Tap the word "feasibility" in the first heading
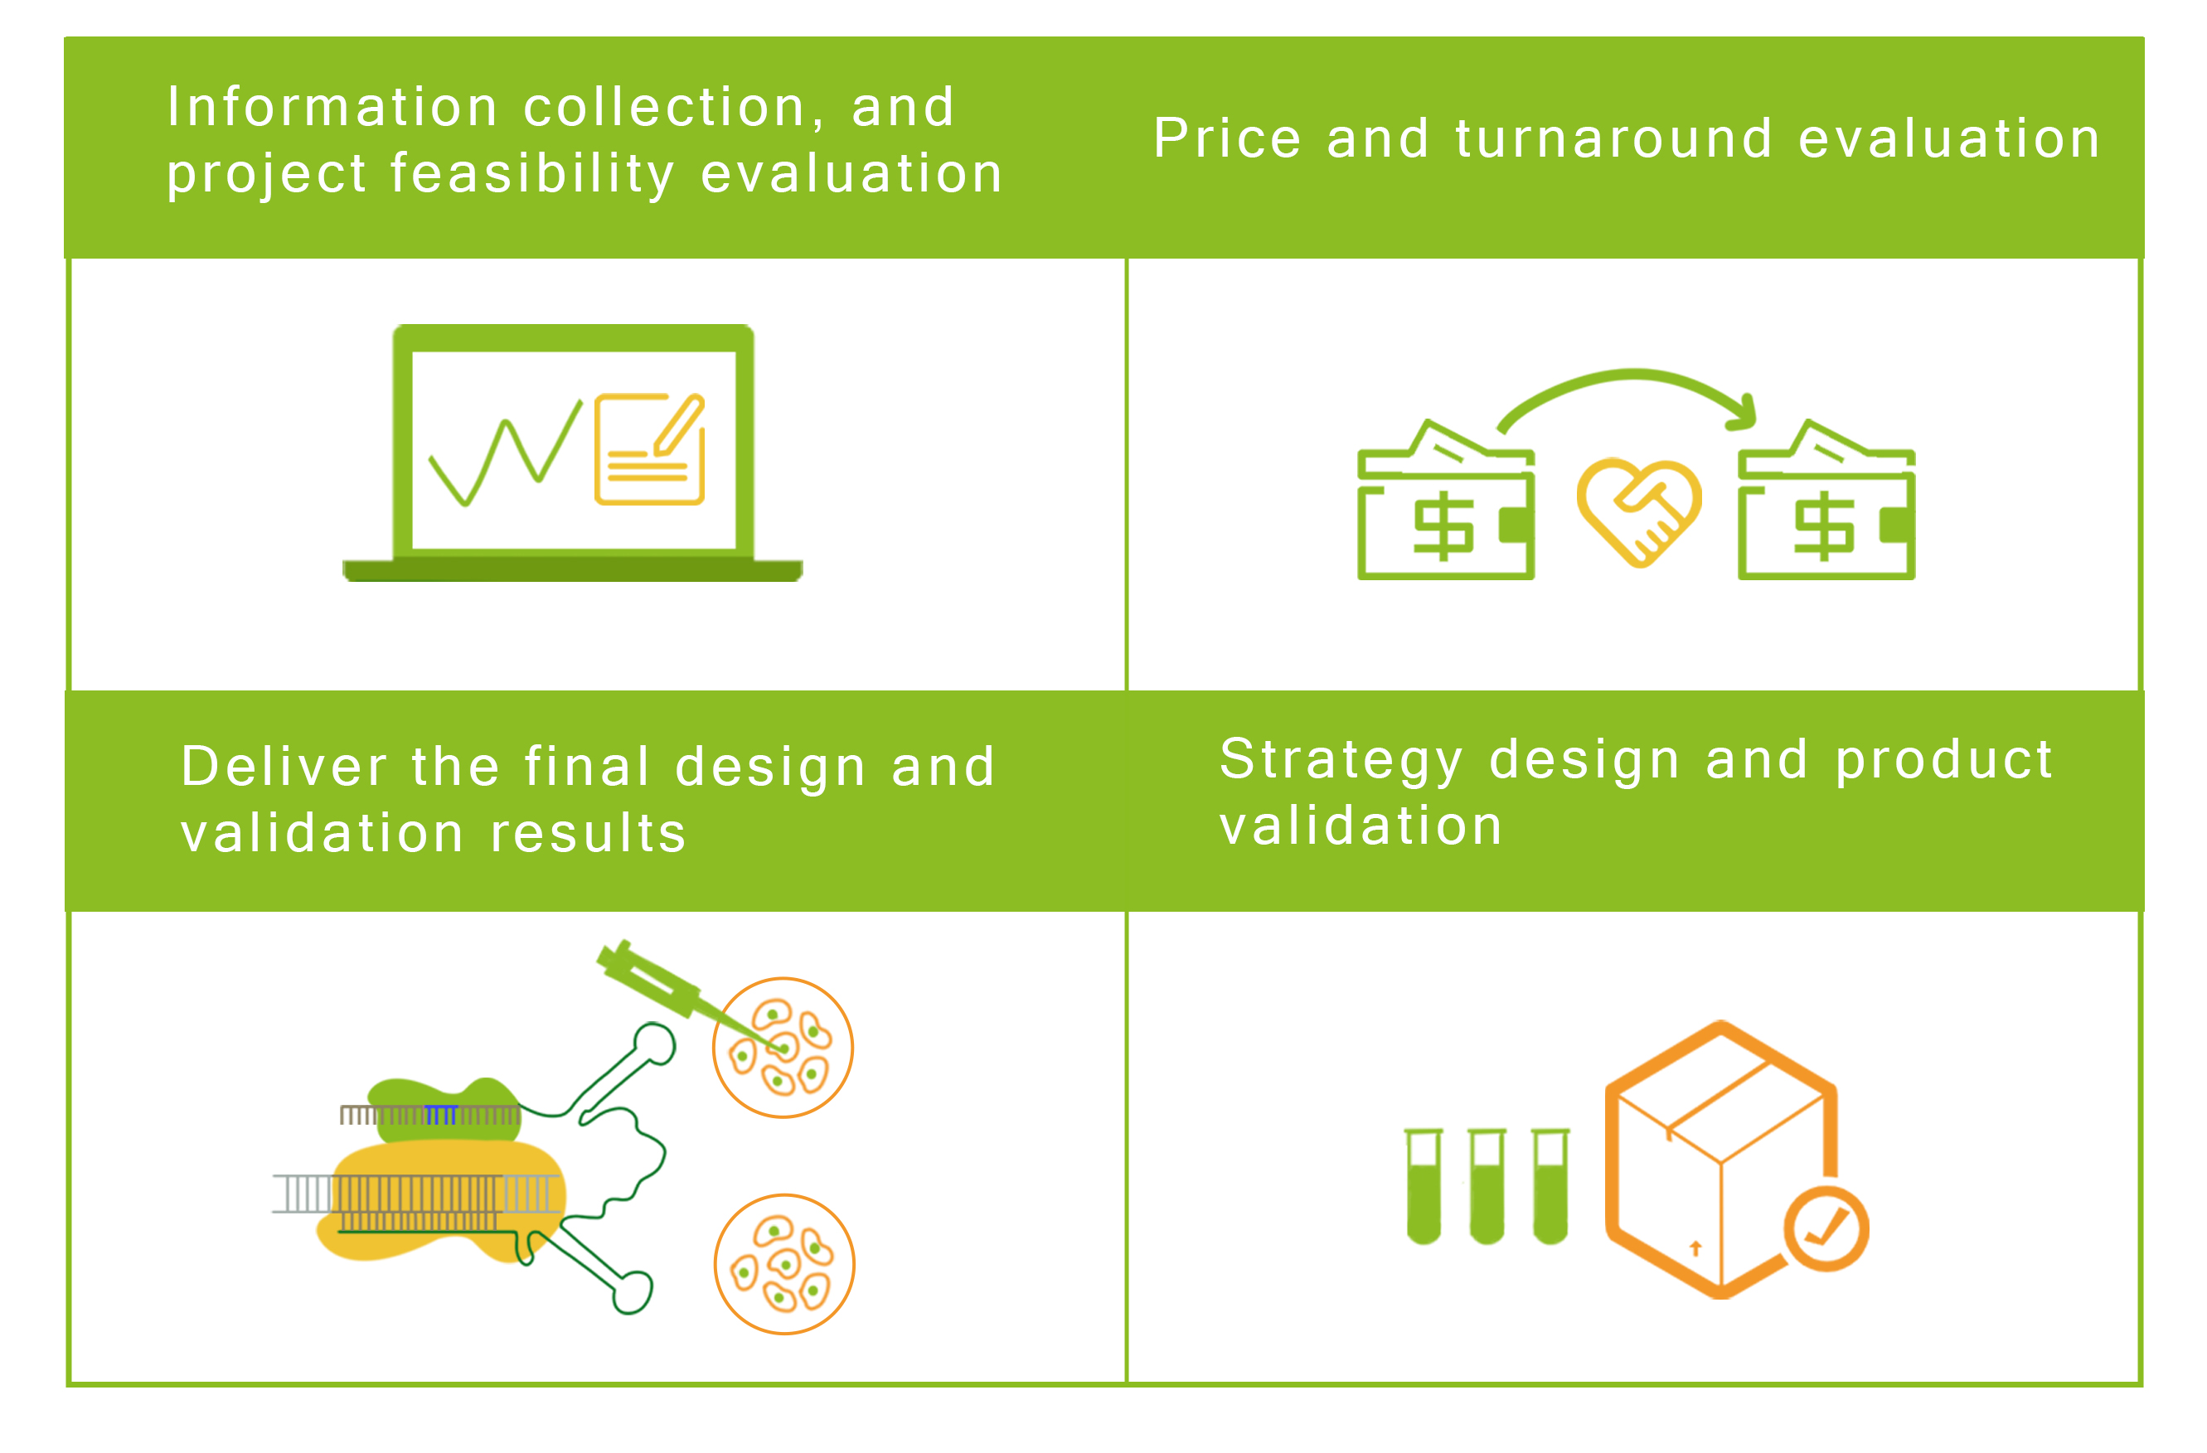click(x=532, y=174)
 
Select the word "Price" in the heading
click(x=1228, y=139)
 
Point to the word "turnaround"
click(x=1613, y=139)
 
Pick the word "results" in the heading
click(x=588, y=833)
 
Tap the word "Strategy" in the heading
click(x=1340, y=760)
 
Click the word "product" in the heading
click(x=1944, y=761)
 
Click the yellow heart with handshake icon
click(x=1638, y=512)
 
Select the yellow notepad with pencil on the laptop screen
click(x=650, y=448)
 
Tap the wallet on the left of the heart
click(x=1446, y=500)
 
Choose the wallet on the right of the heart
click(x=1826, y=500)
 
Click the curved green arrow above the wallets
click(x=1632, y=375)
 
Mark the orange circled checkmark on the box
click(x=1825, y=1228)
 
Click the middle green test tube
click(x=1487, y=1186)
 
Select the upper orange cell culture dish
click(x=783, y=1048)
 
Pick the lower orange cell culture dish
click(x=784, y=1264)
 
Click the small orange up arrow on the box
click(x=1696, y=1248)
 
